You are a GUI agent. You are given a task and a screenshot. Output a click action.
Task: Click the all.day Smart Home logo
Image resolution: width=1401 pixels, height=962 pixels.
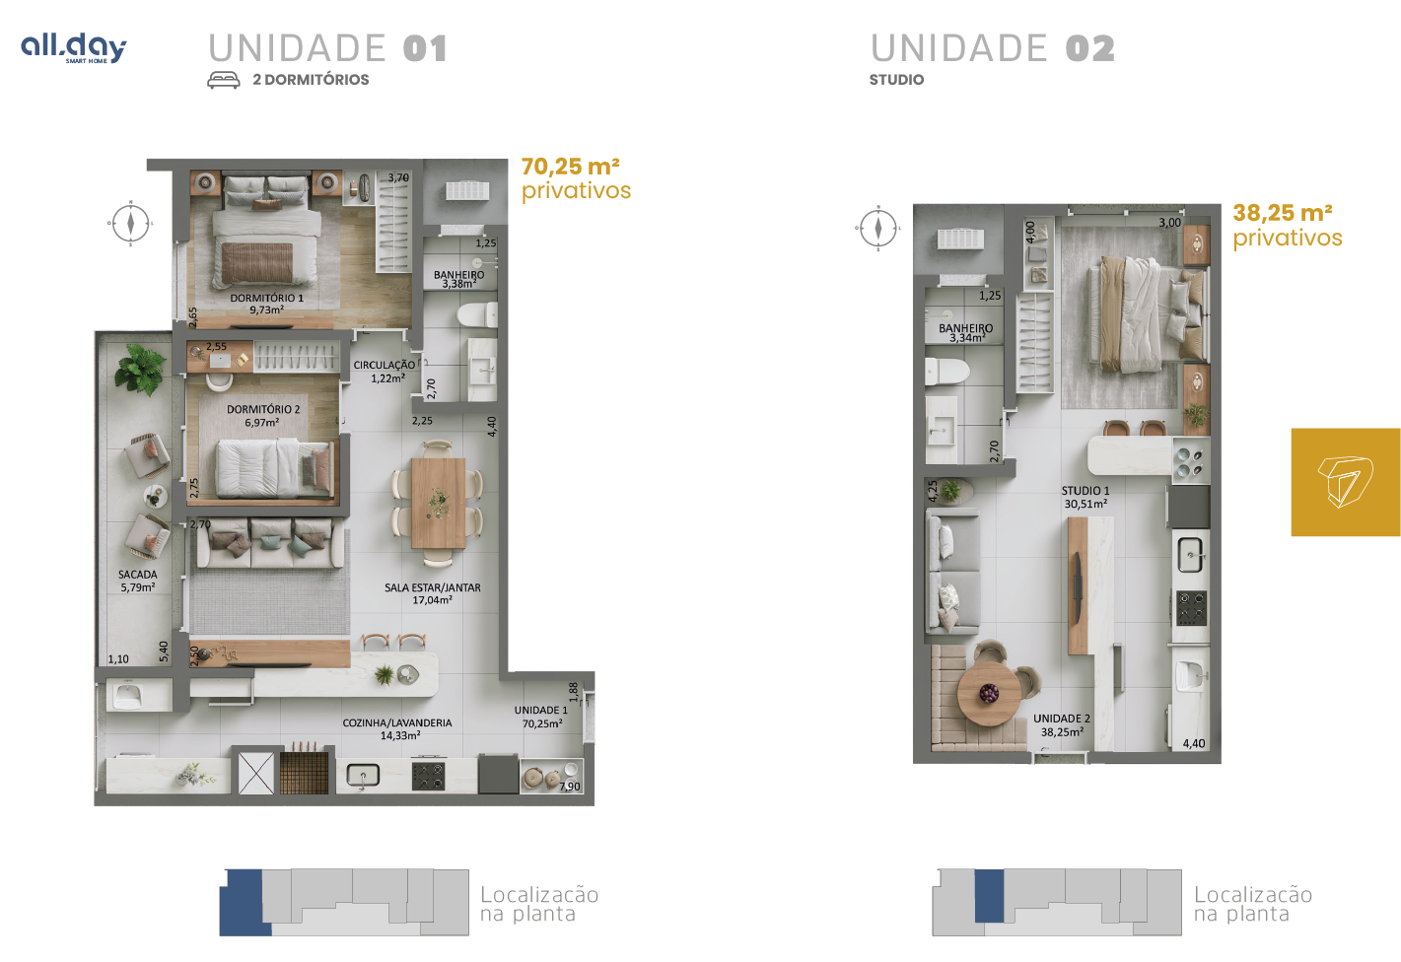[x=73, y=48]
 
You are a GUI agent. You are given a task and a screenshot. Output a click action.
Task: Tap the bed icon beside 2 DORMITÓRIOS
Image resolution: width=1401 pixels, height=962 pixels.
[x=223, y=80]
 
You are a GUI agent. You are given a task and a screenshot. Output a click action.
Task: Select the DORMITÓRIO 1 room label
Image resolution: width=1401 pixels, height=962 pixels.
[x=266, y=304]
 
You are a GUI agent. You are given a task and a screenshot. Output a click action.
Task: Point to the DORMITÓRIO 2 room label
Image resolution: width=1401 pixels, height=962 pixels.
[x=262, y=416]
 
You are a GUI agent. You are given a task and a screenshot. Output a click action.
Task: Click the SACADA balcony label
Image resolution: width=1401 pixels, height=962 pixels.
[x=138, y=581]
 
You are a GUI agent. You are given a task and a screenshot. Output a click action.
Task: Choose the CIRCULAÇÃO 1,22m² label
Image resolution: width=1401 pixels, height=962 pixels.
[x=385, y=372]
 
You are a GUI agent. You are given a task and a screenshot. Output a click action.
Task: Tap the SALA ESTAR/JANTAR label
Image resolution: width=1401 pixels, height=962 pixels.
[x=432, y=593]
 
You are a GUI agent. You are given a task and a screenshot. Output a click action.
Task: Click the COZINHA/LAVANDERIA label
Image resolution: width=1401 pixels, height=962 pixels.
[x=397, y=728]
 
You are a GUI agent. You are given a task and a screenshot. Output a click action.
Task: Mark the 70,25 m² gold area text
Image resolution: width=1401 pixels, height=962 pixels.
[x=571, y=167]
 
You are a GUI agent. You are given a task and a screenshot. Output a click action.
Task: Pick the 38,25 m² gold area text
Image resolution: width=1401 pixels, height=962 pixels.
[x=1283, y=213]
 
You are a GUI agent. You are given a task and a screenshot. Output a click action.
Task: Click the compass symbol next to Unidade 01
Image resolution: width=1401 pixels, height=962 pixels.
[x=130, y=223]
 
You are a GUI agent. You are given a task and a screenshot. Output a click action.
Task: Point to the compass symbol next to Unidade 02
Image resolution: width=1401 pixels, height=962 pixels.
[x=878, y=228]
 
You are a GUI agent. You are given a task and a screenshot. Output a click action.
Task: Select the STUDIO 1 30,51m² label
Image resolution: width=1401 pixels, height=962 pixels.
[x=1086, y=498]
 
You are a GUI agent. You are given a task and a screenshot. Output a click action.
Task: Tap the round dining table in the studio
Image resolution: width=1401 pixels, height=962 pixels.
[x=989, y=694]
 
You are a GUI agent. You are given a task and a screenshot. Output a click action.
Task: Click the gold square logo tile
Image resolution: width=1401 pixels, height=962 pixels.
[x=1346, y=482]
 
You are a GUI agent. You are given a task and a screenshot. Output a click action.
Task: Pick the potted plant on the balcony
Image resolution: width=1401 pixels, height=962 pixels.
[x=141, y=370]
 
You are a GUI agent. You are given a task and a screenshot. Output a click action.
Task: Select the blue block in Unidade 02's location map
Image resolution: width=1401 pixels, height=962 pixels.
[x=989, y=896]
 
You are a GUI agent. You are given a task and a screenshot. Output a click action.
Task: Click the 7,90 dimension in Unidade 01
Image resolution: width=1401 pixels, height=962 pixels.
[x=570, y=787]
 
